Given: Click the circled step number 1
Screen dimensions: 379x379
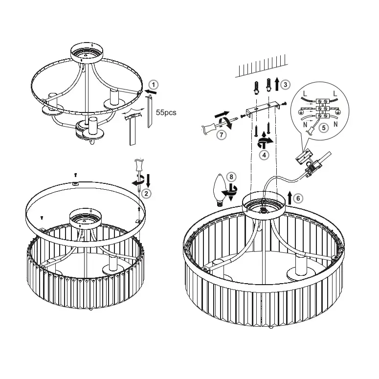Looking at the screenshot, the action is coord(153,85).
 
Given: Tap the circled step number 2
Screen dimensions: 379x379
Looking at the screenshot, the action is coord(146,193).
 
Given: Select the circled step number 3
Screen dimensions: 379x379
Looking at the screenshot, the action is coord(286,85).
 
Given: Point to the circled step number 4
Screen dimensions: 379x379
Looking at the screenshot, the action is coord(264,155).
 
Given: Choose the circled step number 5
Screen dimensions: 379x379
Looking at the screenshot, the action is coord(324,128).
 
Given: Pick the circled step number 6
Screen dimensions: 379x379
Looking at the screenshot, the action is coord(298,198).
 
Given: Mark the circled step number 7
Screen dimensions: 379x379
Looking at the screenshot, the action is coord(222,134).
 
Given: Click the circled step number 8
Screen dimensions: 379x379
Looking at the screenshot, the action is coord(231,177).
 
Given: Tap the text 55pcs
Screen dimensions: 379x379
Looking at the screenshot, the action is coord(166,112).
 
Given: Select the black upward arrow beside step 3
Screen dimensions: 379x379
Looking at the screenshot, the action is coord(277,84).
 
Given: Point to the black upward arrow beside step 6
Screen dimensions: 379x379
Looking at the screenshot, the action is coord(290,198).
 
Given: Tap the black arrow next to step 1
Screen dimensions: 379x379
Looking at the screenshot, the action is coord(151,92).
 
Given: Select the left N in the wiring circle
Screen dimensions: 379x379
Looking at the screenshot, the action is coord(305,125).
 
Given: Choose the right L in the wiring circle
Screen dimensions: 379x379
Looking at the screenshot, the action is coord(335,93).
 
